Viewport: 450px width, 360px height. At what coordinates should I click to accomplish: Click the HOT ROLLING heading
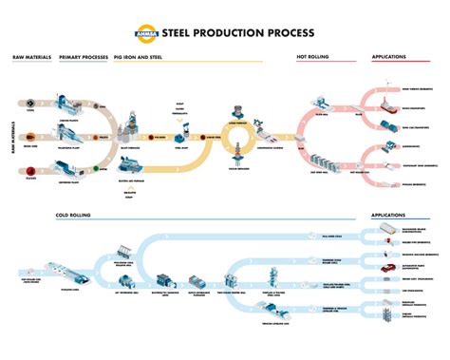(312, 58)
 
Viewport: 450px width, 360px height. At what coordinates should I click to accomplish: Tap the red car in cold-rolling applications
(387, 269)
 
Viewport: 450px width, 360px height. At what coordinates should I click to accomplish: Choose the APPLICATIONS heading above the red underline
(389, 58)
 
